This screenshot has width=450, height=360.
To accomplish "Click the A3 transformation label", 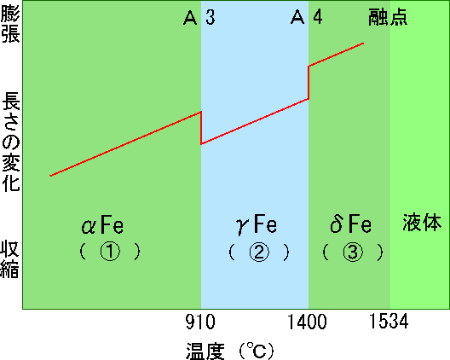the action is [x=199, y=17].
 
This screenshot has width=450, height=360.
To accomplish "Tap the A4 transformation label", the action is [x=307, y=17].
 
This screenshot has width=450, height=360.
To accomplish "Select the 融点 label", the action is [x=388, y=17].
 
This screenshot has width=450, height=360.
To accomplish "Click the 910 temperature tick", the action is [x=200, y=322].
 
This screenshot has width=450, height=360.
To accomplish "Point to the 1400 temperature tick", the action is [x=307, y=322].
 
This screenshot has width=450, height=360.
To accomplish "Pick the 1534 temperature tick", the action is [x=389, y=321].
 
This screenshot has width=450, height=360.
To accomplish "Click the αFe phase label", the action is [x=102, y=224].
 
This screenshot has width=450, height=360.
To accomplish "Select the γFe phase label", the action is [x=257, y=224].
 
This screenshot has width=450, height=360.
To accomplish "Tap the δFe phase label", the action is [x=350, y=224].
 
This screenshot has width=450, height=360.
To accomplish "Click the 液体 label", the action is [x=422, y=223].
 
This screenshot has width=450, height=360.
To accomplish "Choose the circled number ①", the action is [x=110, y=252].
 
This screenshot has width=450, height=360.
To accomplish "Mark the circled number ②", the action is [x=259, y=253].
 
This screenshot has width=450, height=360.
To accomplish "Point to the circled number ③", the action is [x=353, y=252].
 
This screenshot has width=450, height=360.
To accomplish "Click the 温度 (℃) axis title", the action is [x=230, y=351].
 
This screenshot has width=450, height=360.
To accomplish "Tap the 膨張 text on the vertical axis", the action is [x=10, y=26].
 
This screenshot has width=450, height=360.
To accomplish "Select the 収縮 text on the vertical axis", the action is [x=9, y=259].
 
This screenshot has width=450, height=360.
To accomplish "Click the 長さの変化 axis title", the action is [x=10, y=142].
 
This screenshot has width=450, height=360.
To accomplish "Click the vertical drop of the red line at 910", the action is [x=201, y=128].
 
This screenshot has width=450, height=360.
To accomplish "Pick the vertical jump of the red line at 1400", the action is [x=309, y=83].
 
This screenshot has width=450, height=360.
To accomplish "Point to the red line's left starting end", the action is [x=50, y=176].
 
